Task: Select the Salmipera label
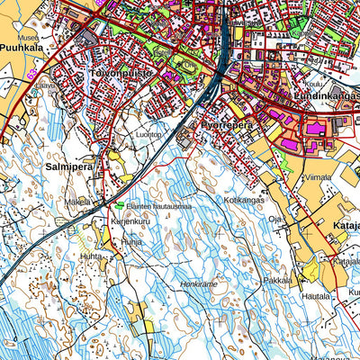pos(69,166)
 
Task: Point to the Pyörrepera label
pos(226,126)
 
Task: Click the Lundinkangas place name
pos(326,94)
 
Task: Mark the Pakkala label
pos(278,280)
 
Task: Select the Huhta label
pos(91,256)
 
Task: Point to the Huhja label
pos(131,241)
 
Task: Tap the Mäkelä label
pos(78,202)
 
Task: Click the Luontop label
pos(149,134)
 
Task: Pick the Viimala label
pos(318,178)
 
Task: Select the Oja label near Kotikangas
pos(276,217)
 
